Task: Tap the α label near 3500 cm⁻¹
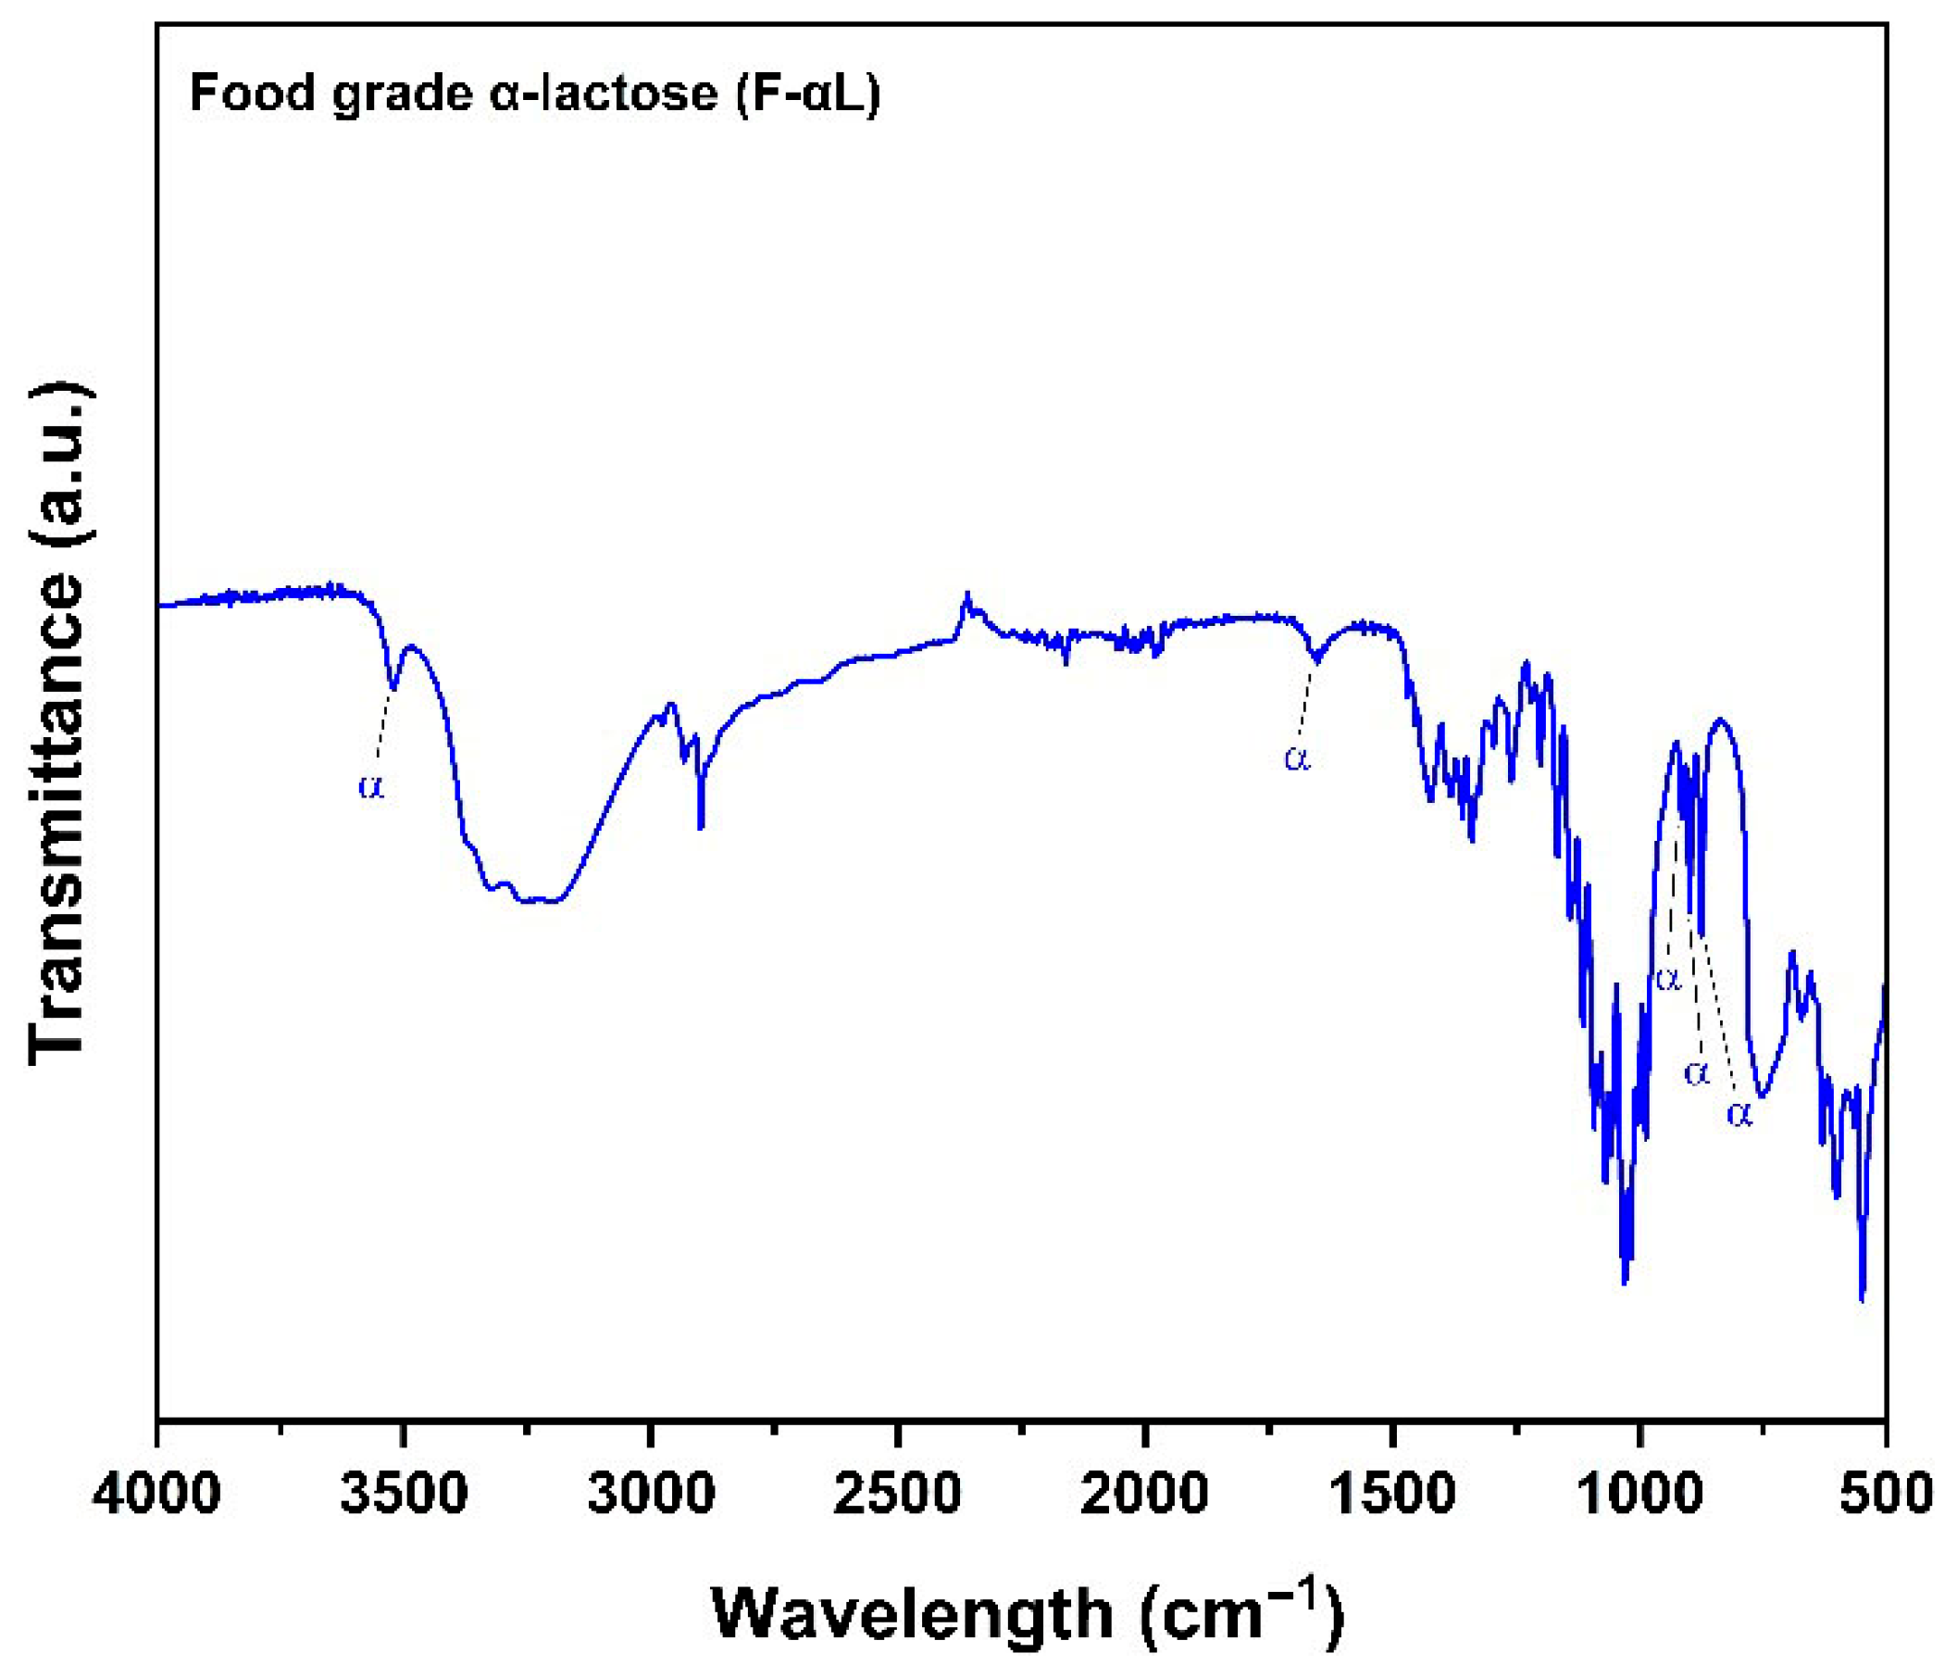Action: pyautogui.click(x=372, y=786)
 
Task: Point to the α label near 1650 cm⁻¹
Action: pyautogui.click(x=1298, y=758)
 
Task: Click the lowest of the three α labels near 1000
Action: pyautogui.click(x=1739, y=1114)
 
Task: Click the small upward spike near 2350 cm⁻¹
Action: pyautogui.click(x=966, y=595)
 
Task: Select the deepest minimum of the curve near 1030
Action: pyautogui.click(x=1625, y=1283)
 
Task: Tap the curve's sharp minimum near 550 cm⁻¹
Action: pyautogui.click(x=1862, y=1299)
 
